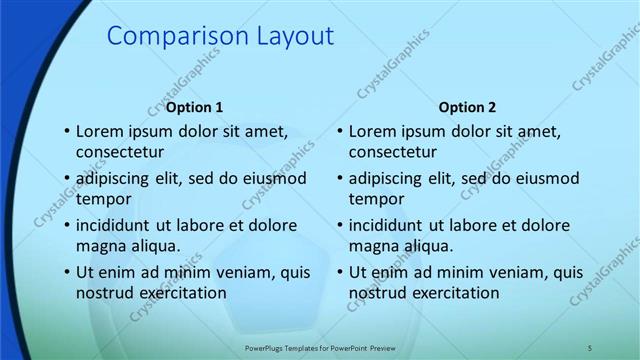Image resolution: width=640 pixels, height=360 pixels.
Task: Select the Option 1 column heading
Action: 194,107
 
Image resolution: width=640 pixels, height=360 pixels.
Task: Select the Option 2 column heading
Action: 467,107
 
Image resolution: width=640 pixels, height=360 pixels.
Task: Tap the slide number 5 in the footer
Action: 590,347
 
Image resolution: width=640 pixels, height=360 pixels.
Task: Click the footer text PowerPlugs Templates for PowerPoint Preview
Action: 321,347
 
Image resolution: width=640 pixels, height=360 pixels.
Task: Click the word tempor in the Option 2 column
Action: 377,198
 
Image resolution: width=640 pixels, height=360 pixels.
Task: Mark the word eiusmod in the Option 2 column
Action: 546,178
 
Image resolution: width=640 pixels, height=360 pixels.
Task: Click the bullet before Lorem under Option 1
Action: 66,132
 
